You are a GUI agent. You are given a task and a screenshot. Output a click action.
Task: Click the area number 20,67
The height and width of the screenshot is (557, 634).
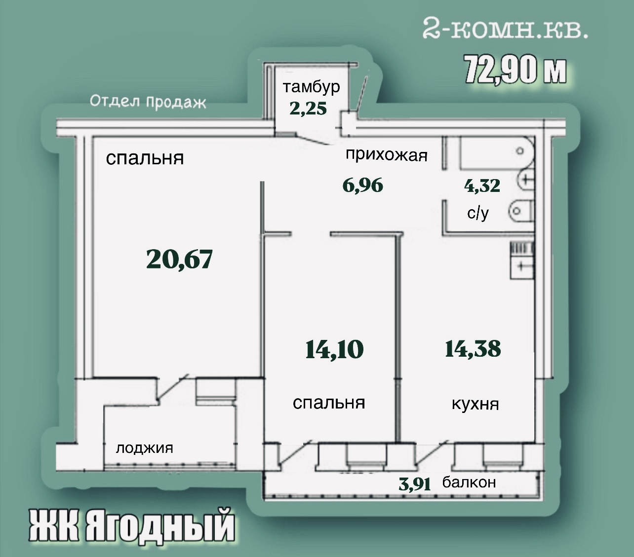[179, 260]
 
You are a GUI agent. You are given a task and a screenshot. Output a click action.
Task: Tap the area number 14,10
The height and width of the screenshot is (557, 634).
[334, 349]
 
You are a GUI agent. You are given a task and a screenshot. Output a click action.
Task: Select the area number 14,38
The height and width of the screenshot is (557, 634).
[473, 349]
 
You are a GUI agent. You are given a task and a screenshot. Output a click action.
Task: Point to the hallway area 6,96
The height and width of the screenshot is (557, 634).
[363, 186]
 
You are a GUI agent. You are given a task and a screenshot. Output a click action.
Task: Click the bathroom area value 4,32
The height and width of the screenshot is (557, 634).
[482, 186]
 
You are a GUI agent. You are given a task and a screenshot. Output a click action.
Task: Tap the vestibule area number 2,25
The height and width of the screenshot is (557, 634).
[308, 109]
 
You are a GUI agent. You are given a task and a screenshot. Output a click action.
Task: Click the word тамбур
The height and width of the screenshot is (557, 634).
[311, 87]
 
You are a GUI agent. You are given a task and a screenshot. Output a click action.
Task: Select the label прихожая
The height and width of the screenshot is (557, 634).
[387, 155]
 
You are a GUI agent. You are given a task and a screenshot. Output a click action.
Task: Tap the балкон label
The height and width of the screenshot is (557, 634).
[469, 483]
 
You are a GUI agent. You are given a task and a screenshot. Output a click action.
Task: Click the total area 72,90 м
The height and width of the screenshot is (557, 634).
[515, 73]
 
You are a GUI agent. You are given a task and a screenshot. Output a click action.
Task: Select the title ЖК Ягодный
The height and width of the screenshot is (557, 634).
[132, 526]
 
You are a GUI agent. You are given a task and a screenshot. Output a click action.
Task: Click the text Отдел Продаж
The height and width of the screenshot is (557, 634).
[148, 102]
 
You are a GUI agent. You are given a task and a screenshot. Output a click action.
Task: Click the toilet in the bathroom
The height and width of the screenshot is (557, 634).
[520, 211]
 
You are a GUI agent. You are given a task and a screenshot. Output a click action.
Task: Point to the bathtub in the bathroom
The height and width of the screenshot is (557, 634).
[497, 153]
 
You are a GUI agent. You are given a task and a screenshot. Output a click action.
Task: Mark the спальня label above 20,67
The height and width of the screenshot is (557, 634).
[145, 158]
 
